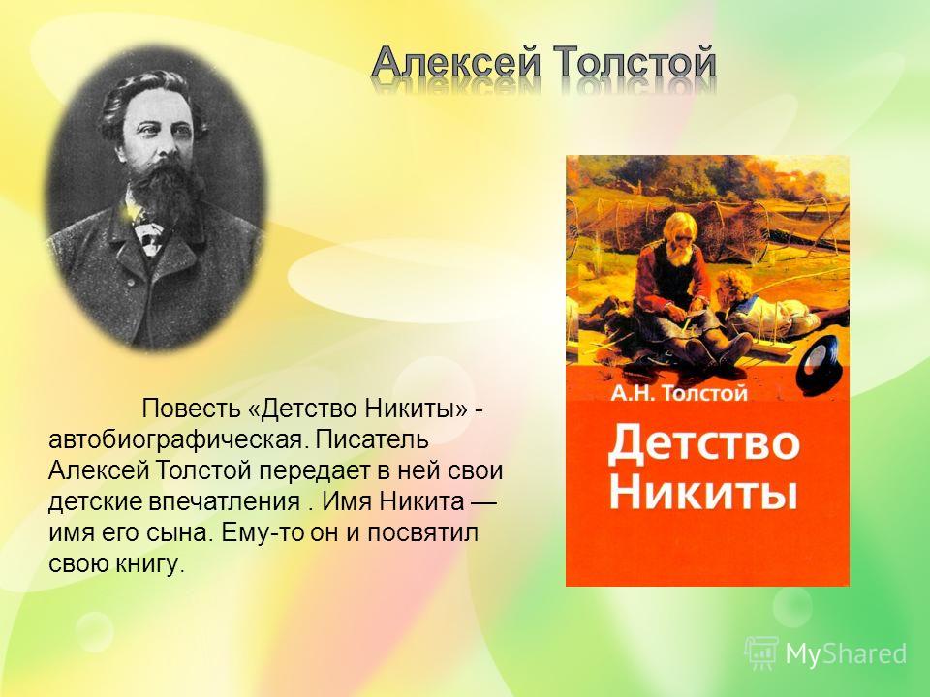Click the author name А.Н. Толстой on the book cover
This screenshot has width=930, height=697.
(679, 394)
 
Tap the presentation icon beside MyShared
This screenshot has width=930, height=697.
(762, 653)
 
